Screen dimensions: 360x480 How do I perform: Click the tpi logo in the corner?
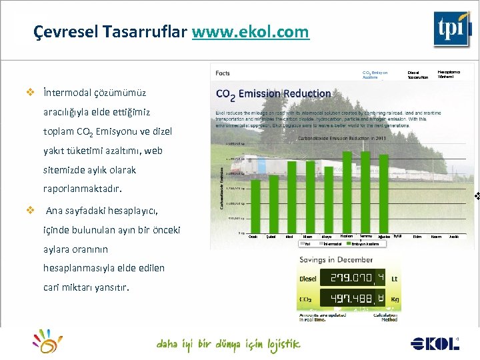pyautogui.click(x=452, y=29)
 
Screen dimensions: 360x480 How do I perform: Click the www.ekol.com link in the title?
pyautogui.click(x=250, y=31)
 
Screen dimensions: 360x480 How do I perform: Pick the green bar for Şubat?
pyautogui.click(x=271, y=200)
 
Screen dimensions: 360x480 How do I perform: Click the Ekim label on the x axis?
pyautogui.click(x=417, y=237)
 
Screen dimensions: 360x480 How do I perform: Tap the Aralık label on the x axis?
pyautogui.click(x=454, y=237)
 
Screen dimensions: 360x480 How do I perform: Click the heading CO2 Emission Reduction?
pyautogui.click(x=273, y=94)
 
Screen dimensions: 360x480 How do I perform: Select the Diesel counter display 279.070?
pyautogui.click(x=353, y=278)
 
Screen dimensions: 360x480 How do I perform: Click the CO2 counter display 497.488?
pyautogui.click(x=353, y=298)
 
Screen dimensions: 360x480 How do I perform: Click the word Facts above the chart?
pyautogui.click(x=223, y=73)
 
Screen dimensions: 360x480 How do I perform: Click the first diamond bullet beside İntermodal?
pyautogui.click(x=29, y=93)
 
